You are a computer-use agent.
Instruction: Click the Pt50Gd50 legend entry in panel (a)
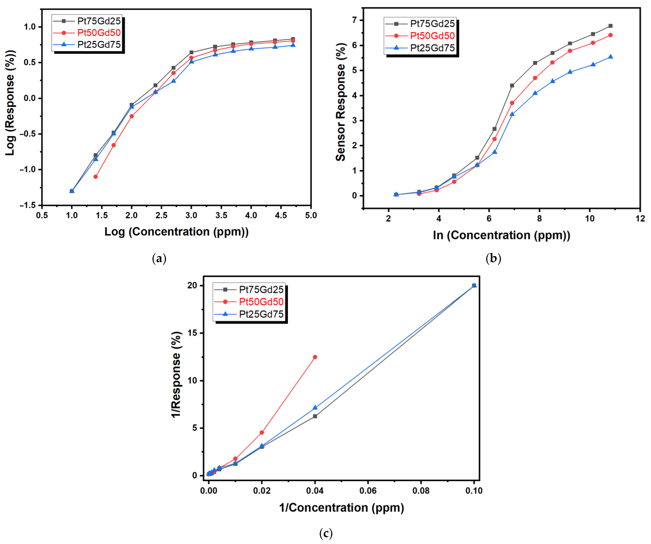99,33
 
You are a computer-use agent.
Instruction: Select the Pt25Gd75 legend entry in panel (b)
432,48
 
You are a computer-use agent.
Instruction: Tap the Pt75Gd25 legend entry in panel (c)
261,289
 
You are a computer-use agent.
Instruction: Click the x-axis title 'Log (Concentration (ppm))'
176,232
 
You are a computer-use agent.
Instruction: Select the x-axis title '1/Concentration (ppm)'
341,508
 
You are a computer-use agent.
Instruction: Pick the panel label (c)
326,533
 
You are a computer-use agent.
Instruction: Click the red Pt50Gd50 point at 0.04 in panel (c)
315,357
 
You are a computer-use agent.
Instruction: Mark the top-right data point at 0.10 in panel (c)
474,285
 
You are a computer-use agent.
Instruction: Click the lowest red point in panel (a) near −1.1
95,177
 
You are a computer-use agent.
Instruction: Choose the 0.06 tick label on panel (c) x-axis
368,491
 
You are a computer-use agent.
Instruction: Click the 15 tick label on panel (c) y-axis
192,333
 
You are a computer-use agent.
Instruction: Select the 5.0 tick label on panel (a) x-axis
311,215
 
